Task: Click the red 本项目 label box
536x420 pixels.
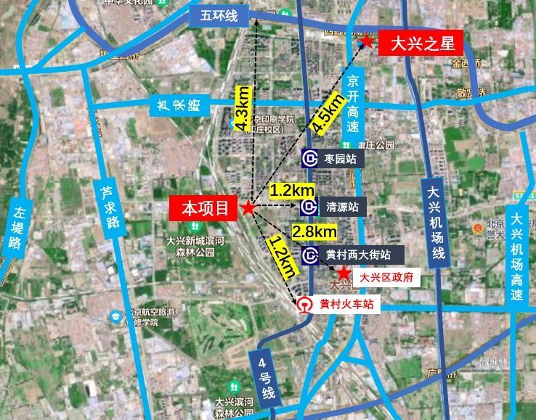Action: [x=205, y=209]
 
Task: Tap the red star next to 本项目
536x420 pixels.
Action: [x=248, y=209]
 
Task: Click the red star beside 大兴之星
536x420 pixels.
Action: [x=368, y=43]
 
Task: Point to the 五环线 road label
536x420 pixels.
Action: [x=214, y=17]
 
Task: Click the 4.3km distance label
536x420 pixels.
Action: [x=244, y=109]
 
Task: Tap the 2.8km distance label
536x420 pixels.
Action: [x=314, y=231]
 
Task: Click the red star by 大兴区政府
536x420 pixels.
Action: [x=344, y=275]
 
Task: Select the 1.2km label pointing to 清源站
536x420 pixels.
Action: [x=292, y=190]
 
